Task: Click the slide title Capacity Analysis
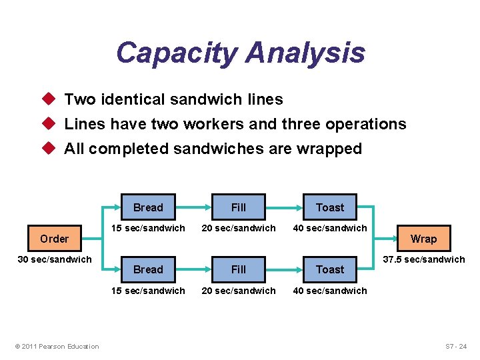click(x=240, y=53)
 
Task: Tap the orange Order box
click(x=55, y=239)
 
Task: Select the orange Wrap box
click(x=423, y=239)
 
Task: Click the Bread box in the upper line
click(x=148, y=207)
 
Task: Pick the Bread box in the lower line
click(x=148, y=269)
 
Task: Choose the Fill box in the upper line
click(x=239, y=207)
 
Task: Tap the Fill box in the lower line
click(x=239, y=269)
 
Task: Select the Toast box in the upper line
click(x=330, y=207)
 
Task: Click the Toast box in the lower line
click(x=330, y=269)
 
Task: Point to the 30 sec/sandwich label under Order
click(x=55, y=259)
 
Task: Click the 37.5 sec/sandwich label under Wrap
click(x=423, y=259)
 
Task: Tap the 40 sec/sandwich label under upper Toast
click(x=330, y=228)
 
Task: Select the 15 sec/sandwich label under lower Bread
click(x=148, y=291)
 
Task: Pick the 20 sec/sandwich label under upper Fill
click(x=239, y=228)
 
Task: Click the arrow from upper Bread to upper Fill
click(x=193, y=207)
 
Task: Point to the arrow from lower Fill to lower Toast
click(x=284, y=269)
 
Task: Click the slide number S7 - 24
click(x=456, y=346)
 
